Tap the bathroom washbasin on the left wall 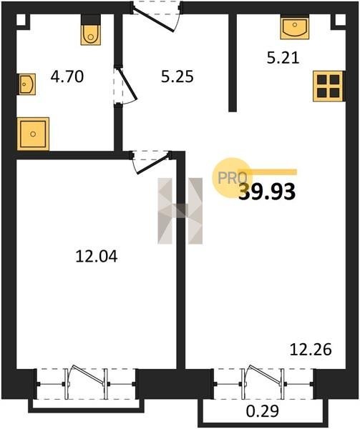pyautogui.click(x=26, y=84)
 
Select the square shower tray pyautogui.click(x=33, y=134)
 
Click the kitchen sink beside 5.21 pyautogui.click(x=295, y=26)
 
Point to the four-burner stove pyautogui.click(x=329, y=87)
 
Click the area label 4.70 pyautogui.click(x=67, y=77)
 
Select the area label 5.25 pyautogui.click(x=177, y=77)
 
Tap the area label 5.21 pyautogui.click(x=283, y=58)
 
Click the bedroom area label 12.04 pyautogui.click(x=97, y=257)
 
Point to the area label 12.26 pyautogui.click(x=311, y=350)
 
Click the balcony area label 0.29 pyautogui.click(x=263, y=410)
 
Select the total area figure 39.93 pyautogui.click(x=267, y=192)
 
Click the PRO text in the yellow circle pyautogui.click(x=233, y=178)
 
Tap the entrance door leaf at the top pyautogui.click(x=153, y=21)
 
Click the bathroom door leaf pyautogui.click(x=126, y=84)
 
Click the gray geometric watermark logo pyautogui.click(x=180, y=211)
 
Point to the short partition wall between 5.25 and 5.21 pyautogui.click(x=233, y=62)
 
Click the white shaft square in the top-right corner pyautogui.click(x=340, y=20)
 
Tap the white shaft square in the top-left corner pyautogui.click(x=21, y=20)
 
